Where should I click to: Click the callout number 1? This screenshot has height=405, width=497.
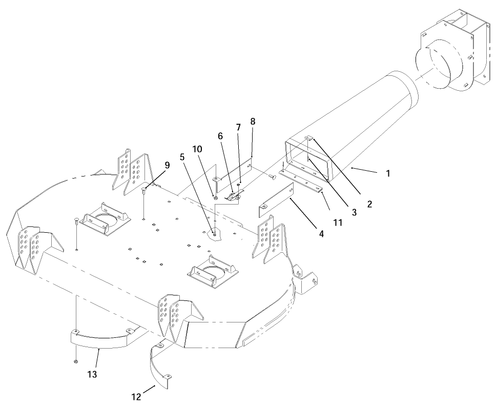(388, 173)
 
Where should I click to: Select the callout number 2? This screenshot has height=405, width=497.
(368, 203)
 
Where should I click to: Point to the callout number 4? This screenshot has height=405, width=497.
(321, 234)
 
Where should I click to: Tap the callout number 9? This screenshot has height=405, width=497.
(167, 165)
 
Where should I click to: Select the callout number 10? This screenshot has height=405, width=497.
(197, 149)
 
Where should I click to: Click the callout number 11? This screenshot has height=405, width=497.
(337, 223)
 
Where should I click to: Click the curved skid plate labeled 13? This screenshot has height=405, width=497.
(100, 339)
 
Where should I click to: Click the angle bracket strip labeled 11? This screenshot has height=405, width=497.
(302, 181)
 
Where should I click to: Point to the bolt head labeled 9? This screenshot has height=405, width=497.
(145, 191)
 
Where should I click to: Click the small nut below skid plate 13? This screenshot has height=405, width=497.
(76, 362)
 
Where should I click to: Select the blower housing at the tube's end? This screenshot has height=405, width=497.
(453, 51)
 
